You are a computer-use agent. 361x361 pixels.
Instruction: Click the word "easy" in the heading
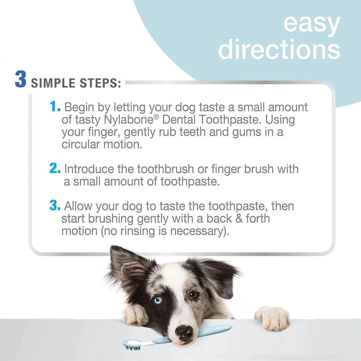tap(311, 24)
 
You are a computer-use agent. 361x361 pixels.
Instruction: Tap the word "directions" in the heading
tap(279, 49)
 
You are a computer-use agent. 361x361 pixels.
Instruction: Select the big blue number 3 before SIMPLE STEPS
tap(21, 80)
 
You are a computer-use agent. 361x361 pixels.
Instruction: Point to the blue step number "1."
tap(55, 106)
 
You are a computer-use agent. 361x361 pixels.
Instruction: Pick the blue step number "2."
tap(55, 169)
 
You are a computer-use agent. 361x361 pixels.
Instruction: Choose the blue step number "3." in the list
tap(55, 205)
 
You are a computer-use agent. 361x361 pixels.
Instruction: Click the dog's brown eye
tap(193, 295)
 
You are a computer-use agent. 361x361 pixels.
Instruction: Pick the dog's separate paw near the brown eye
tap(273, 318)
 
